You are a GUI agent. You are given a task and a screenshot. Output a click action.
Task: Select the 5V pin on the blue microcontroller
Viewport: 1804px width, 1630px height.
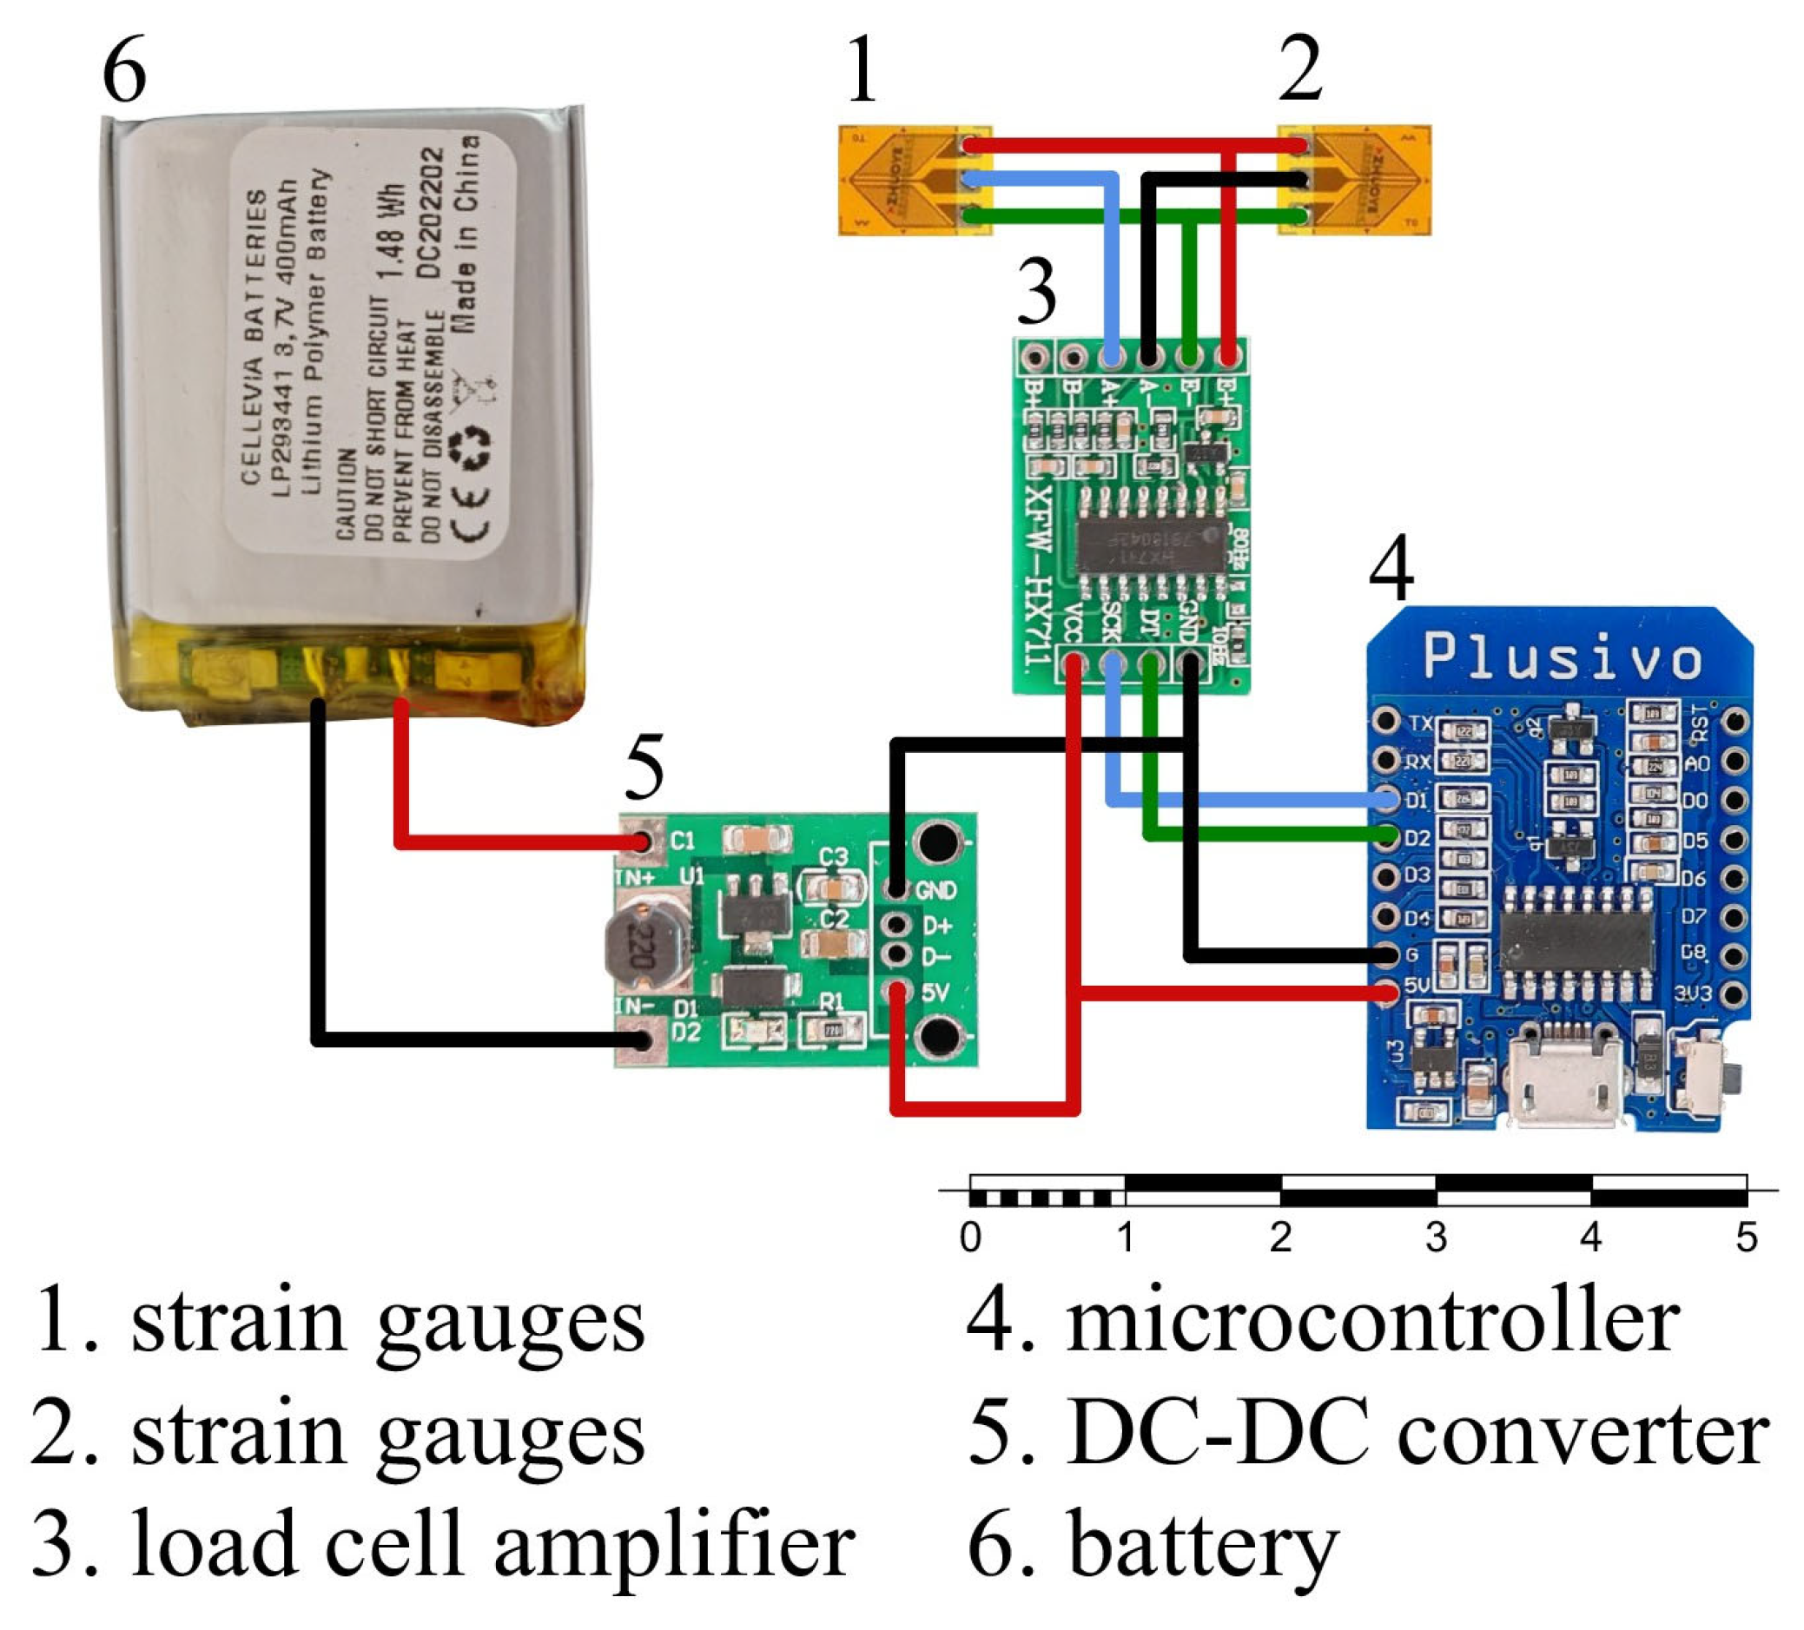click(x=1386, y=991)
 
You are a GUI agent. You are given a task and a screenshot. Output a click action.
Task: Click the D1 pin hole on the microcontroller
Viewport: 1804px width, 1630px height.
click(x=1386, y=799)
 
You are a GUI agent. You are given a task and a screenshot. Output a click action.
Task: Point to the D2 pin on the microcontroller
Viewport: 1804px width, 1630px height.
click(x=1386, y=837)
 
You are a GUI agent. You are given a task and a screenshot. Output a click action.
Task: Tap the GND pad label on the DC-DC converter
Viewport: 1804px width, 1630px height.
click(x=937, y=890)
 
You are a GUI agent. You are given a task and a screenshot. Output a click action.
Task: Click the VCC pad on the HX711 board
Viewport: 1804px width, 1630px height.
click(x=1073, y=663)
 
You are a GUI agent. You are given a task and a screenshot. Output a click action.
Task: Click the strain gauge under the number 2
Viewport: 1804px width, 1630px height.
click(x=1354, y=181)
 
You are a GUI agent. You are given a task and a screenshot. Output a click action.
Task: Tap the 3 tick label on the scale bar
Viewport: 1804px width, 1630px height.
click(x=1436, y=1238)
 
